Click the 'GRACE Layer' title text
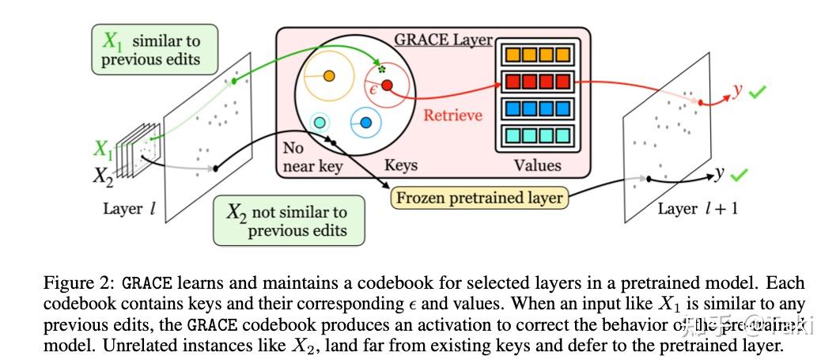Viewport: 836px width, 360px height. point(443,40)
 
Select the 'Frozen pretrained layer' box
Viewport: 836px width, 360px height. point(480,198)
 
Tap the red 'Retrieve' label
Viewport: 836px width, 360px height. point(452,116)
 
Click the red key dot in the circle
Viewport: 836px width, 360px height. point(387,85)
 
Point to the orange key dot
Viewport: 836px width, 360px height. point(329,77)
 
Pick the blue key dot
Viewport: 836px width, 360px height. point(366,123)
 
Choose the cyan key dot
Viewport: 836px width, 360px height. point(320,123)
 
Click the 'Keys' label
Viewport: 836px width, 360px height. point(400,165)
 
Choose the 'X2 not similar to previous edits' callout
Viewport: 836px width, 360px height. point(289,221)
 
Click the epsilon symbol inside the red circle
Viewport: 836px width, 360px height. point(373,89)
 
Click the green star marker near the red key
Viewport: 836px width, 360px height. point(382,70)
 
